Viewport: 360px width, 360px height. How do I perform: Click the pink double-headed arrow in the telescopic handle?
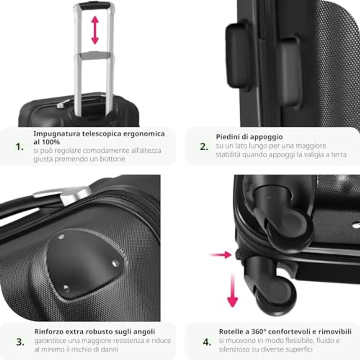94,30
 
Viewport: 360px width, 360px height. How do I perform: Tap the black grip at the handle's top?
94,6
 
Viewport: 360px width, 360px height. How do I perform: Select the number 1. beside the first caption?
19,147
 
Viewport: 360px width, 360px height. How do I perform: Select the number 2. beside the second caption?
204,147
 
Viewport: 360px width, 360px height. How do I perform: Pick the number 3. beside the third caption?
20,342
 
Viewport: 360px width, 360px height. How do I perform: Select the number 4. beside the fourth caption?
207,342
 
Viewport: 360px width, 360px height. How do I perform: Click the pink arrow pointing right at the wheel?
220,255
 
